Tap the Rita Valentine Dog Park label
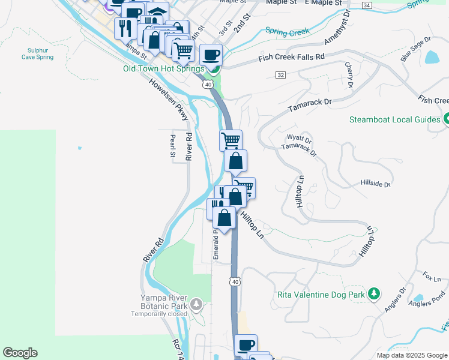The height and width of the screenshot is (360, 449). tap(321, 295)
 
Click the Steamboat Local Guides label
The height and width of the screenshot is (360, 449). tap(395, 119)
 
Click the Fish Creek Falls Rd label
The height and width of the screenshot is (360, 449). tap(291, 57)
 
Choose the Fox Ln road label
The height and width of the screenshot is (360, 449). tap(432, 278)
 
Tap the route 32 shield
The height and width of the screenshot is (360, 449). tap(281, 75)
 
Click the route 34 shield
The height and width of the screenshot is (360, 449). tap(367, 5)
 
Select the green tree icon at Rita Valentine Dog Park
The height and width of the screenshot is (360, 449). tap(374, 293)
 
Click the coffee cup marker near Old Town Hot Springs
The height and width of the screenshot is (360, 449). tap(211, 56)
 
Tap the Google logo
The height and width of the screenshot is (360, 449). tap(20, 353)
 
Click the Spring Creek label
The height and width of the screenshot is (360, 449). tap(286, 30)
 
